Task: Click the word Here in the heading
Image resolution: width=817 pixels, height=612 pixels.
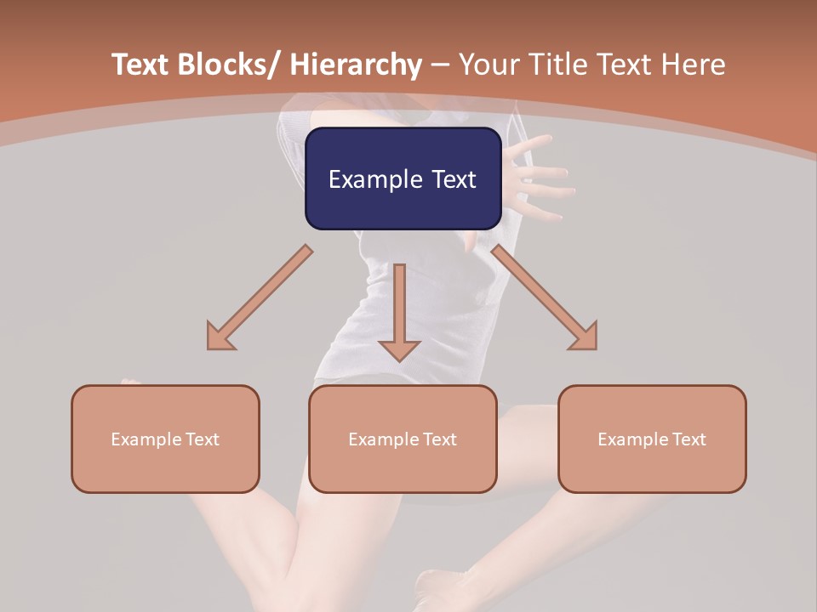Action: pyautogui.click(x=694, y=65)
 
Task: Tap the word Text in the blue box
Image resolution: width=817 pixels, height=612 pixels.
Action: pyautogui.click(x=454, y=180)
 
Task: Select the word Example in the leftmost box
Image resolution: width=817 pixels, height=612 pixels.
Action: pyautogui.click(x=146, y=439)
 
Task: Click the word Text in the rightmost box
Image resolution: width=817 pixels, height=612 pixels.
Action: pyautogui.click(x=688, y=439)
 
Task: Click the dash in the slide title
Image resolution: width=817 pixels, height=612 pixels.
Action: pyautogui.click(x=440, y=65)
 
